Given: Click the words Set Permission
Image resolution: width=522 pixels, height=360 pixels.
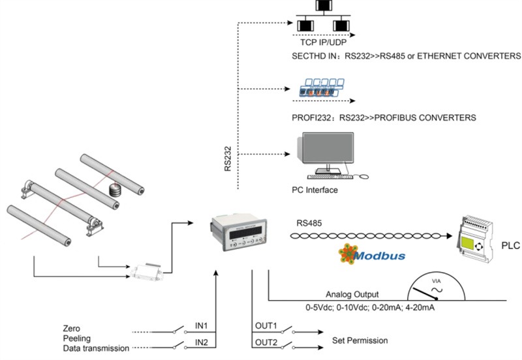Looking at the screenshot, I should [x=360, y=340].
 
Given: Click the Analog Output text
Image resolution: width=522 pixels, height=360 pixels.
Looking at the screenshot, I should [x=353, y=294].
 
